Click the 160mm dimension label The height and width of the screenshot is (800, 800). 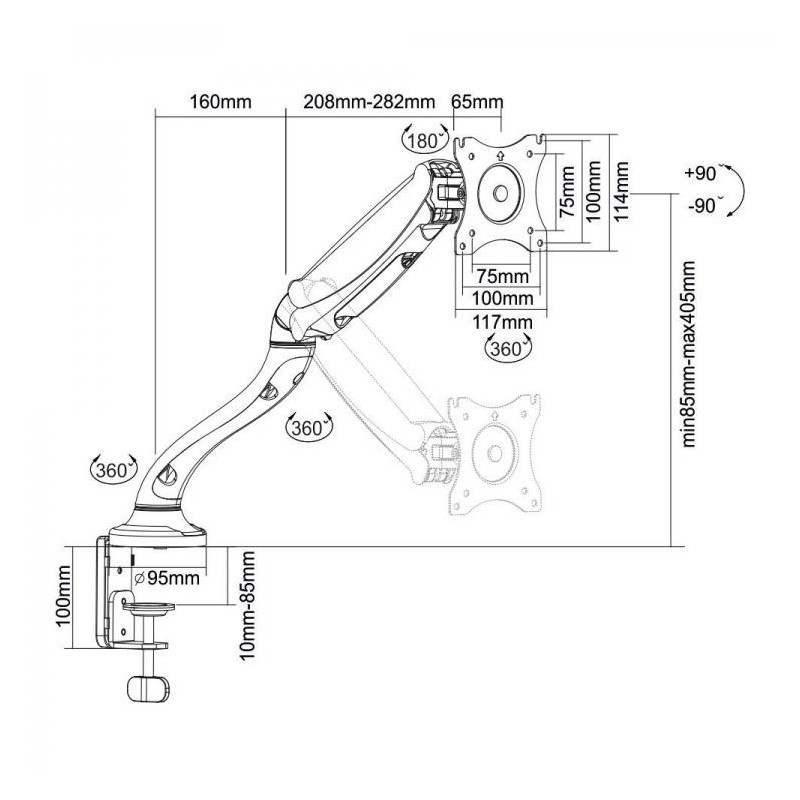[220, 102]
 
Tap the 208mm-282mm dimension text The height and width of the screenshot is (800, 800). [369, 102]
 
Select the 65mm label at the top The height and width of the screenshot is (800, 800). [477, 102]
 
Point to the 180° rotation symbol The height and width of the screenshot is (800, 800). [424, 138]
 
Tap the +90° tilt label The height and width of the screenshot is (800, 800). [702, 173]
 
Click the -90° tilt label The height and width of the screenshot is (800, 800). [705, 206]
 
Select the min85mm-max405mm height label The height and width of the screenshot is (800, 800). [688, 354]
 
